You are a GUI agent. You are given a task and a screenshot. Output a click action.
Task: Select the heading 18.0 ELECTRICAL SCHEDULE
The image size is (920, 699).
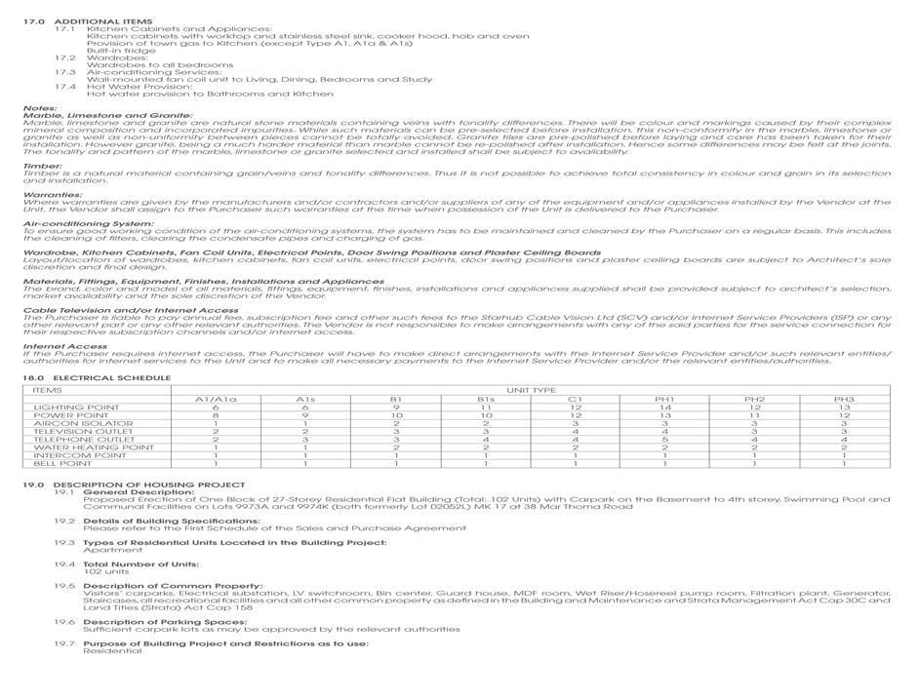pyautogui.click(x=97, y=378)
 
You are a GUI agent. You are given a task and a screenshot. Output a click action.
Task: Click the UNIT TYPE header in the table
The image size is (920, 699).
pyautogui.click(x=531, y=390)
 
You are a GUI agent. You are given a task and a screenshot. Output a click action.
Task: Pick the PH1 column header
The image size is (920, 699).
pyautogui.click(x=664, y=399)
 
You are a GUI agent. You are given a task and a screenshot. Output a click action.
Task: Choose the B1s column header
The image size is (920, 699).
pyautogui.click(x=485, y=399)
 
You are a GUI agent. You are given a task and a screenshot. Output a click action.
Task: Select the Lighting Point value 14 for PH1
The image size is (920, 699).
pyautogui.click(x=664, y=408)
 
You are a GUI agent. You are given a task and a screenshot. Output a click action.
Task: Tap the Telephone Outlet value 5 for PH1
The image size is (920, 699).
pyautogui.click(x=664, y=440)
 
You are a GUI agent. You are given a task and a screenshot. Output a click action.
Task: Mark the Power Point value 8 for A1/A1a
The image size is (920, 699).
pyautogui.click(x=216, y=415)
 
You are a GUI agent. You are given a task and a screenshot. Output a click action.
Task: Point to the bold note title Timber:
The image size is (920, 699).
pyautogui.click(x=43, y=166)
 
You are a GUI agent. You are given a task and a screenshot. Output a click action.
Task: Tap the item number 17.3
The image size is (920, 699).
pyautogui.click(x=64, y=72)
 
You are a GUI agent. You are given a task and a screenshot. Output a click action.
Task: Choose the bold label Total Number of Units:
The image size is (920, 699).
pyautogui.click(x=140, y=564)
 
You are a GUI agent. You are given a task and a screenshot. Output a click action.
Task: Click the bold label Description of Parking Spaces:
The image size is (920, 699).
pyautogui.click(x=161, y=622)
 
